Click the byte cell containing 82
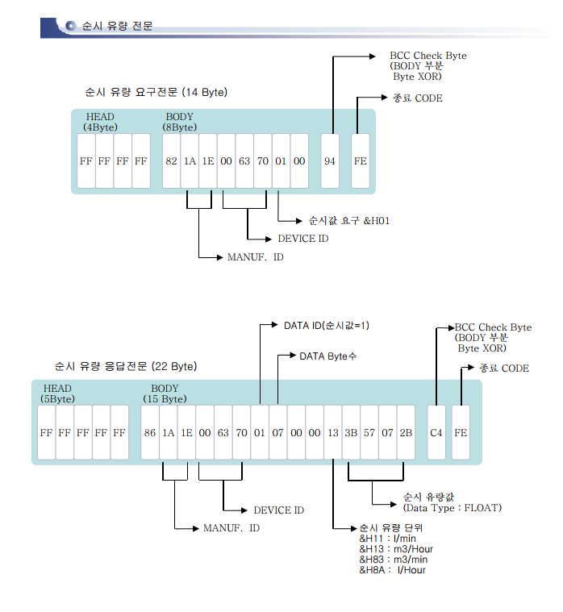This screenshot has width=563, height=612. click(x=171, y=160)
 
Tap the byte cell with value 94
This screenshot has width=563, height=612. click(x=330, y=160)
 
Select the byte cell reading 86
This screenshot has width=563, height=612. click(x=150, y=432)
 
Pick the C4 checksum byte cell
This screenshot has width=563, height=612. click(x=436, y=432)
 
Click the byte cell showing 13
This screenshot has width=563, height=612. click(x=333, y=432)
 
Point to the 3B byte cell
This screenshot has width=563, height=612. click(x=351, y=432)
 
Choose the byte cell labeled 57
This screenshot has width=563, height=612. click(x=369, y=432)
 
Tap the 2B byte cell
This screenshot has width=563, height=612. click(x=406, y=432)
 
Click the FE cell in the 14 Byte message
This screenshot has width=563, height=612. click(x=361, y=160)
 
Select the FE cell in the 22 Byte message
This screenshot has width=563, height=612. click(x=461, y=432)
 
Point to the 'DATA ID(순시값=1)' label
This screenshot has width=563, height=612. click(x=326, y=326)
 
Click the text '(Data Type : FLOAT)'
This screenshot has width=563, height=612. click(x=452, y=507)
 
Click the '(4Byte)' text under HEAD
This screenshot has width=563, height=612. click(x=100, y=127)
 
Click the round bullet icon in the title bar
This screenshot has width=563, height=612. click(x=70, y=27)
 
